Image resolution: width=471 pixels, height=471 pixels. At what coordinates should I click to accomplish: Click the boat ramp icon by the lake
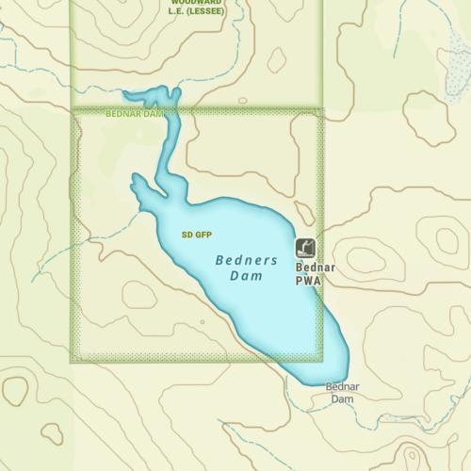305,248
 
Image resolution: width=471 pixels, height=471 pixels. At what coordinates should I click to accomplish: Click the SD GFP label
197,234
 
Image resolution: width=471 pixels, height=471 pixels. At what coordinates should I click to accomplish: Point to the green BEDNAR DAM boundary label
135,114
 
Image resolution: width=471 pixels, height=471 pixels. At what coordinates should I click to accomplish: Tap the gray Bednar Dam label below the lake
342,392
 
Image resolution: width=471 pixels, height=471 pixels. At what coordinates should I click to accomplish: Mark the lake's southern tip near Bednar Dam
317,381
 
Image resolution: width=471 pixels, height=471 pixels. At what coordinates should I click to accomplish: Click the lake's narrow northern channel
171,141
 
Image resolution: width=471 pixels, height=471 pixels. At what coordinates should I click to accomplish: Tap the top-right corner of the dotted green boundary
322,110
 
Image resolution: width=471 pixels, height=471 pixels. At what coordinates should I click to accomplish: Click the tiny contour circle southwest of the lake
202,321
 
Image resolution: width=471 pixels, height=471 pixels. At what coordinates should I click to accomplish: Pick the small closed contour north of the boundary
277,60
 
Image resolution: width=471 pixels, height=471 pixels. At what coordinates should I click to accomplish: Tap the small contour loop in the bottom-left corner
15,389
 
